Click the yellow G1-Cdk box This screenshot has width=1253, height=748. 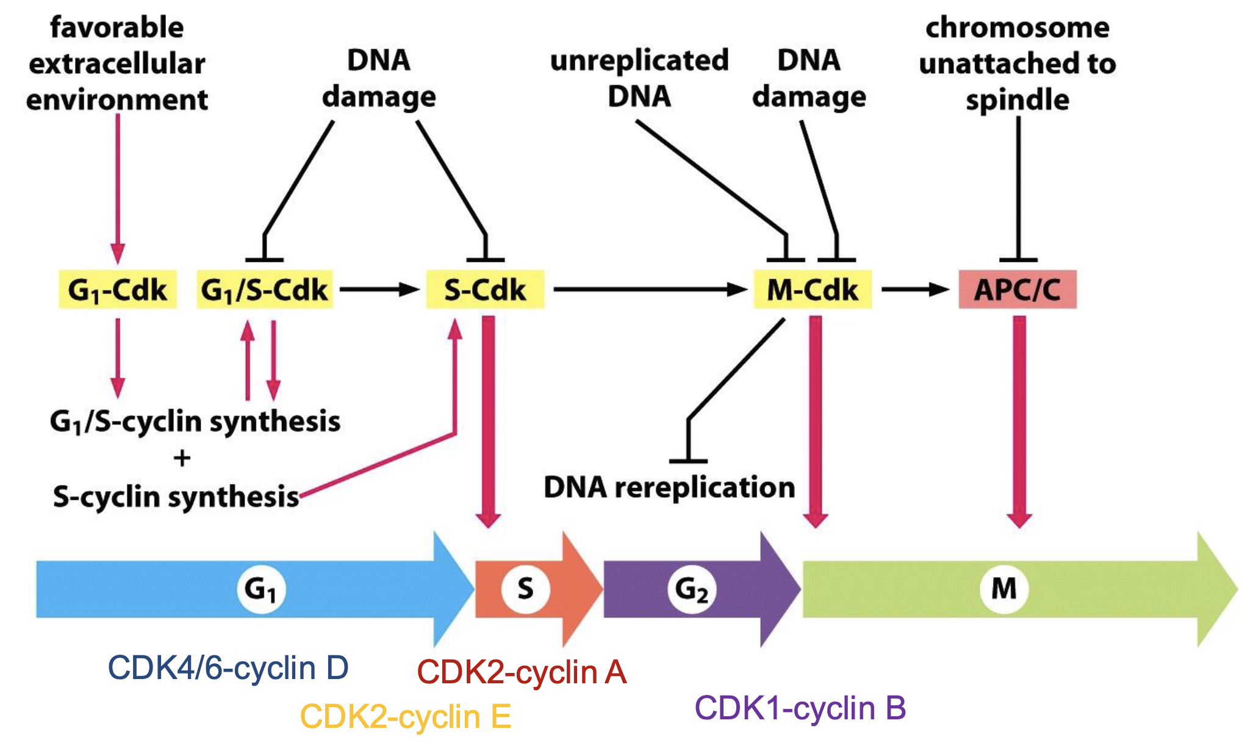tap(118, 289)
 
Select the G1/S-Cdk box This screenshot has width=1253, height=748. tap(265, 289)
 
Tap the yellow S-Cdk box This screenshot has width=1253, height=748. tap(485, 289)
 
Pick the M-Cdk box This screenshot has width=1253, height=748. tap(813, 289)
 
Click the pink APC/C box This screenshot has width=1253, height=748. tap(1018, 289)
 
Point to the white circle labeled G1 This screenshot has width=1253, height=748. tap(260, 589)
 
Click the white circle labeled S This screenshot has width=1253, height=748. tap(525, 589)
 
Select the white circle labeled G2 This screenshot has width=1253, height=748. tap(692, 589)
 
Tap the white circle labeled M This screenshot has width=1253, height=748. tap(1004, 589)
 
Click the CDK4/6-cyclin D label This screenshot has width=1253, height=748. tap(228, 668)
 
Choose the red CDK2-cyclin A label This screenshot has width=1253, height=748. tap(522, 672)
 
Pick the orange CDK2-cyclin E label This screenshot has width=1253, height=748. tap(406, 716)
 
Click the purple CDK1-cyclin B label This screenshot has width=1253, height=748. tap(800, 708)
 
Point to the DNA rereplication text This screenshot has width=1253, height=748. tap(669, 487)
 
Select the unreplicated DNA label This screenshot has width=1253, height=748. tap(639, 78)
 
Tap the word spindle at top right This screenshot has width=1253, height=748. tap(1018, 99)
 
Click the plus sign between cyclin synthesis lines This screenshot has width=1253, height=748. tap(182, 458)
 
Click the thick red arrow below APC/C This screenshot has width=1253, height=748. tap(1019, 421)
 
